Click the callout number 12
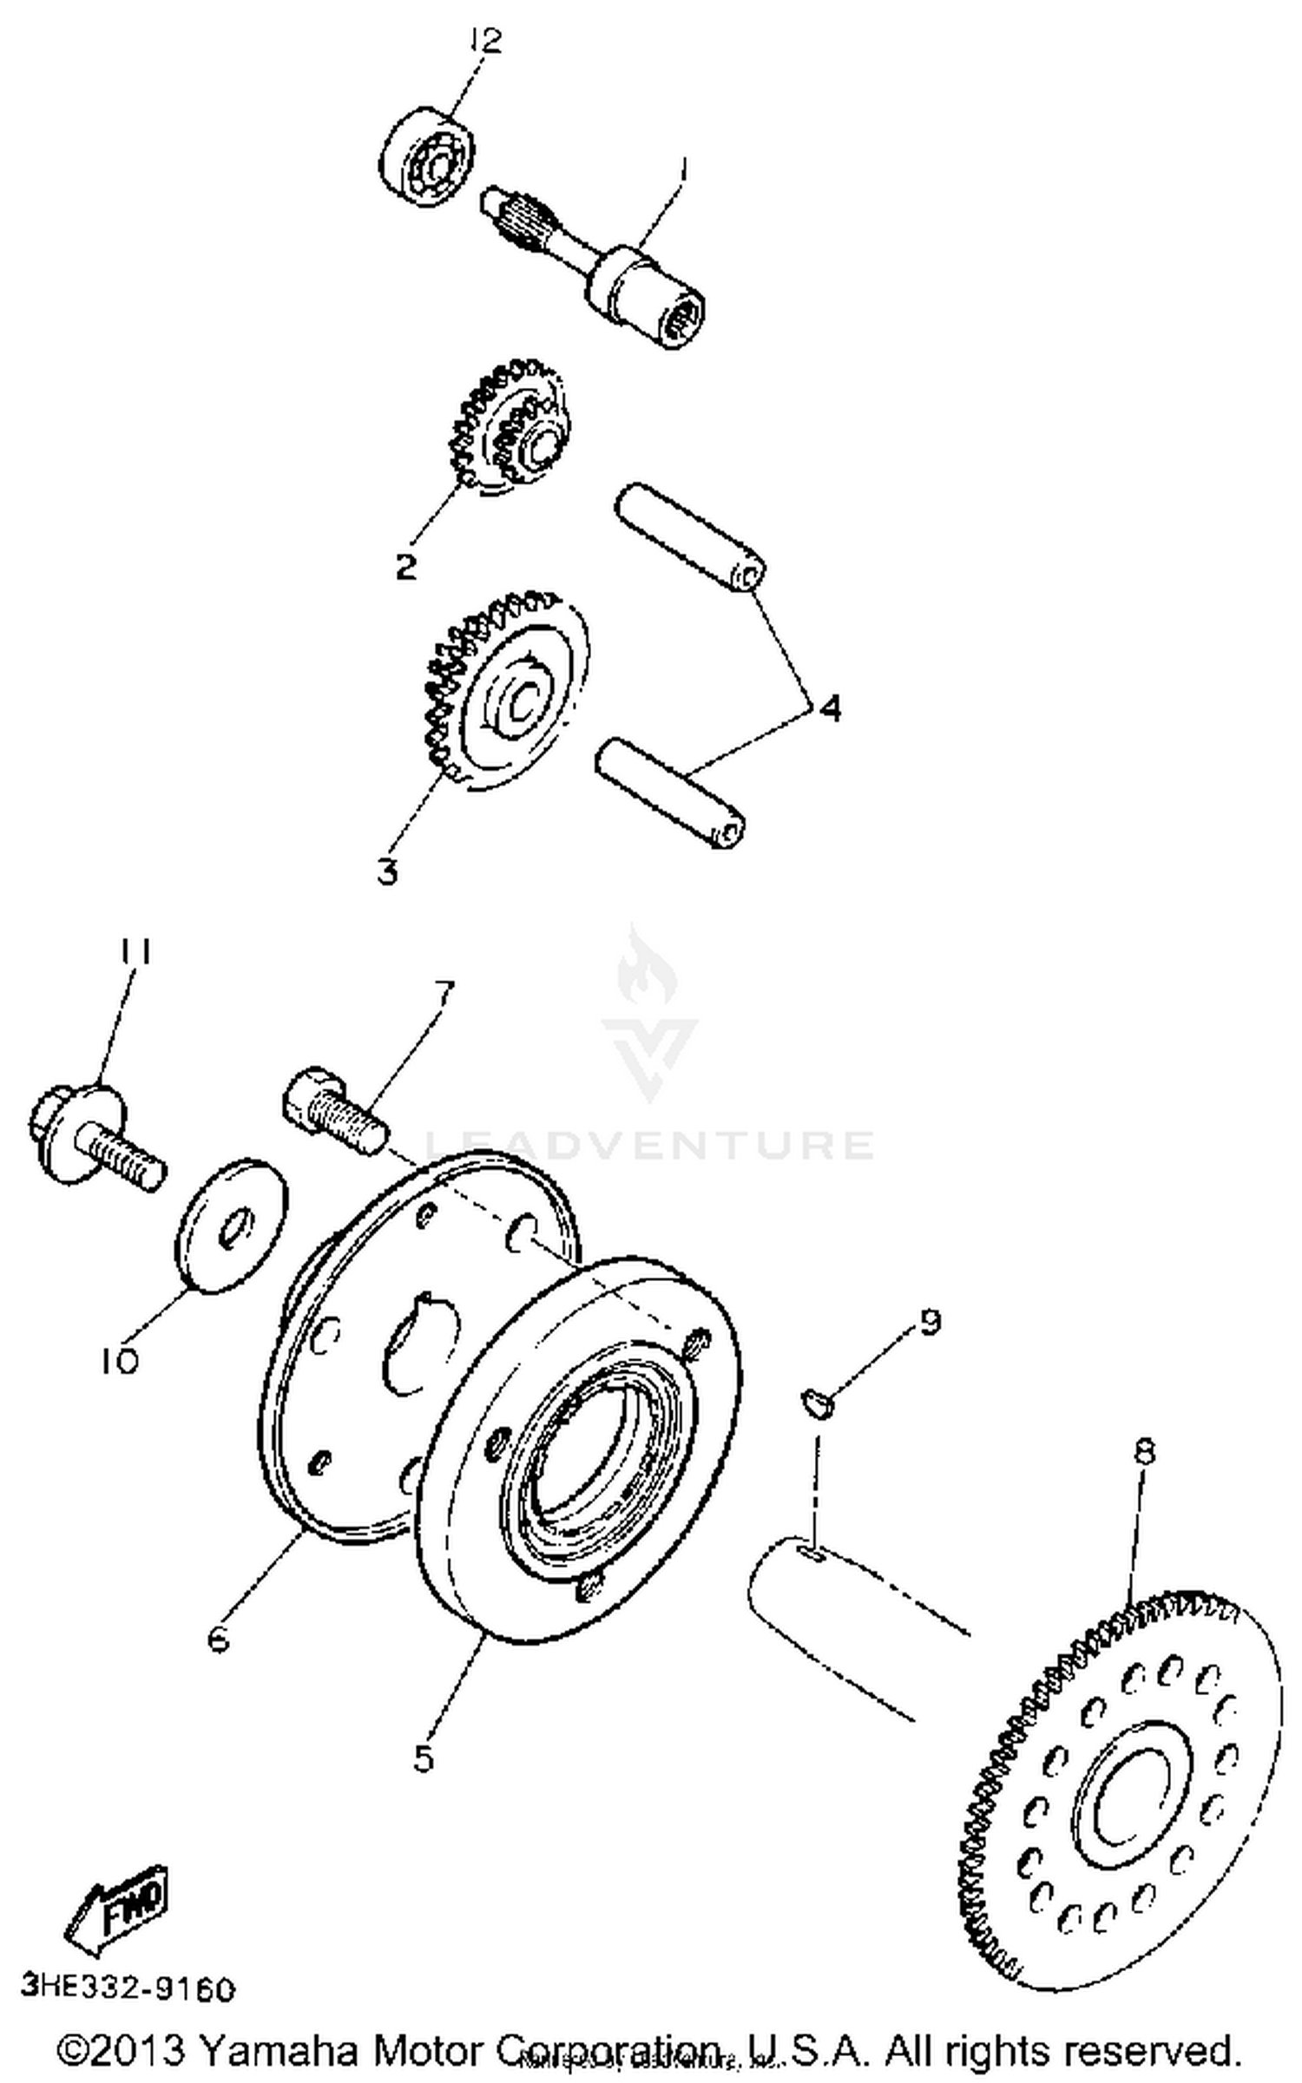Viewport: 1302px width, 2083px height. click(x=487, y=41)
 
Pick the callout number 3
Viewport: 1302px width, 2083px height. click(x=387, y=871)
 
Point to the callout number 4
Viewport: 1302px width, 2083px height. click(x=830, y=708)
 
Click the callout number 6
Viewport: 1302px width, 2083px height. click(x=218, y=1639)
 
